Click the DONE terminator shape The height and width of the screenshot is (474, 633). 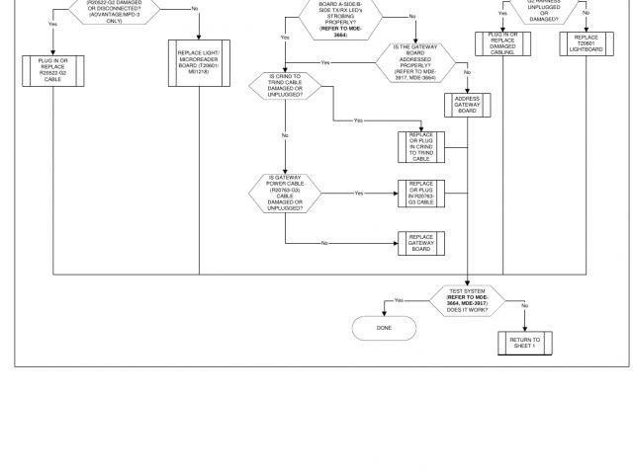[x=385, y=328]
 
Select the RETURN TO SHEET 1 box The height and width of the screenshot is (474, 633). [x=524, y=343]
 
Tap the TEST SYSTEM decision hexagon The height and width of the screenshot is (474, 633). [x=467, y=300]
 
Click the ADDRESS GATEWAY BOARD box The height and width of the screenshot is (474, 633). [x=467, y=106]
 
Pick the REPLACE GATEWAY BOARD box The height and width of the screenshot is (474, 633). [x=421, y=243]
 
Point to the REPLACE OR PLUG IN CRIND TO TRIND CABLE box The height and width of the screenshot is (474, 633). [x=421, y=146]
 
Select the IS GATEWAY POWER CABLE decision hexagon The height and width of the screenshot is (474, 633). [x=285, y=193]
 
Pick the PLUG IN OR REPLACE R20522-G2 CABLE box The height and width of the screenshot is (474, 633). [x=51, y=69]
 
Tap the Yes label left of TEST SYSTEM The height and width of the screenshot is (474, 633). [x=399, y=300]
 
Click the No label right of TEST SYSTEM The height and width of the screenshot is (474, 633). [x=524, y=305]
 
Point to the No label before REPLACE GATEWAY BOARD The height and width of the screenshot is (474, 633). [x=323, y=243]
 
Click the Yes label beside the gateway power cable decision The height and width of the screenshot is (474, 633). [x=358, y=193]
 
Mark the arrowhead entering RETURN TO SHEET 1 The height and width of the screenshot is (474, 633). [x=524, y=329]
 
